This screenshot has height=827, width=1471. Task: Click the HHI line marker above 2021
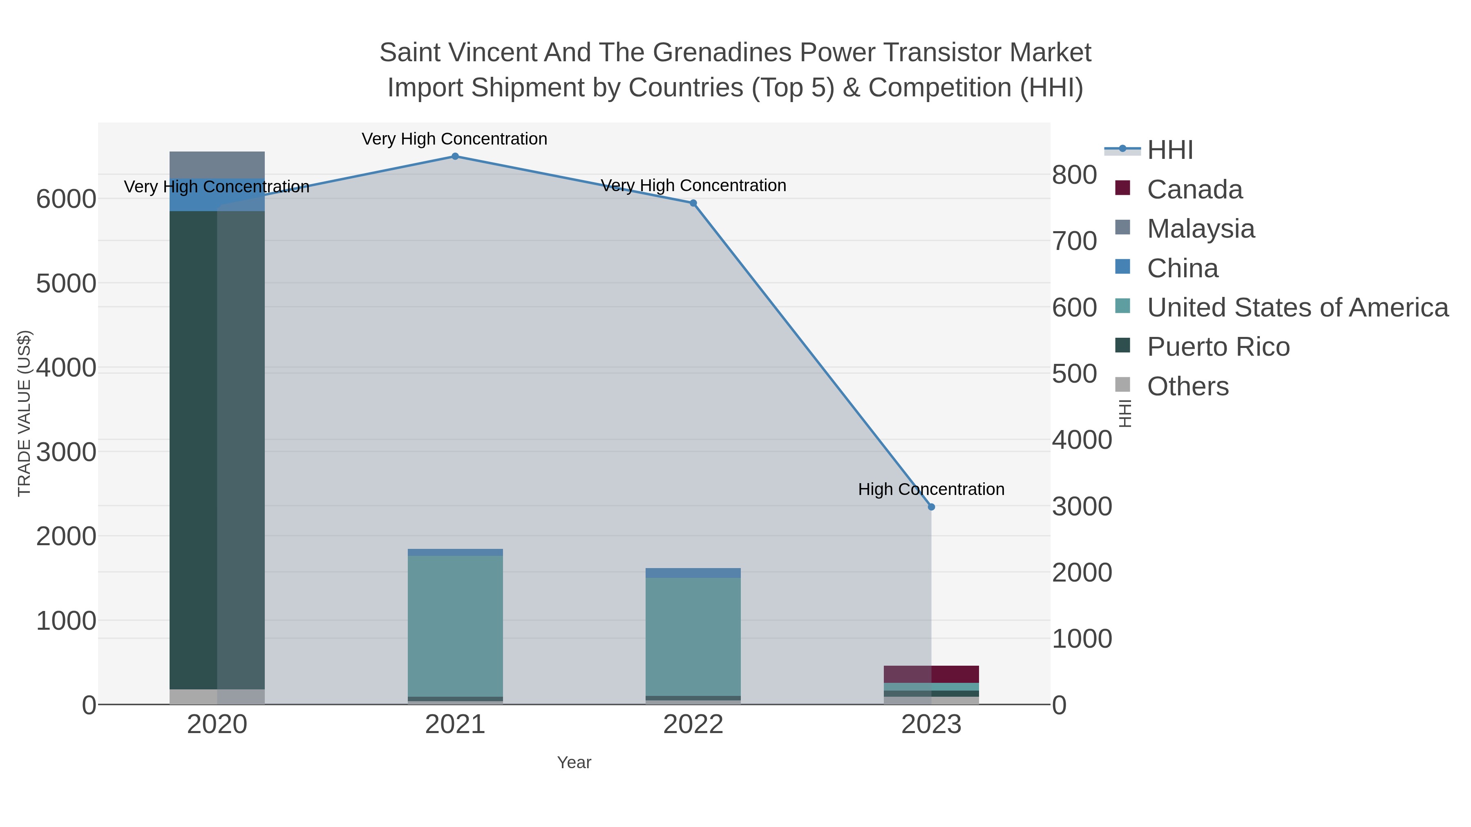click(x=455, y=156)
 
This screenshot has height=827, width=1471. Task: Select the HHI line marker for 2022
click(x=693, y=203)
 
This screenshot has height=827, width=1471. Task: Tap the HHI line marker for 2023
click(x=931, y=507)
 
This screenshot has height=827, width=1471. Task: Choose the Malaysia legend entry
click(x=1200, y=229)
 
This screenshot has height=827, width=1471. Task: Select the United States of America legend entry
click(x=1297, y=308)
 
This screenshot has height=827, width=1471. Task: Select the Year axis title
click(x=574, y=762)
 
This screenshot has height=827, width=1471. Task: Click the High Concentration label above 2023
click(x=931, y=490)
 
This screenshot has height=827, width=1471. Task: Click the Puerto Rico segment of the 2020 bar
click(x=217, y=451)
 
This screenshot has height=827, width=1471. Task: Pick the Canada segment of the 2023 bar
click(x=931, y=674)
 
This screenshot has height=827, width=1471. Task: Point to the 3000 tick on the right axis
click(x=1082, y=507)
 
